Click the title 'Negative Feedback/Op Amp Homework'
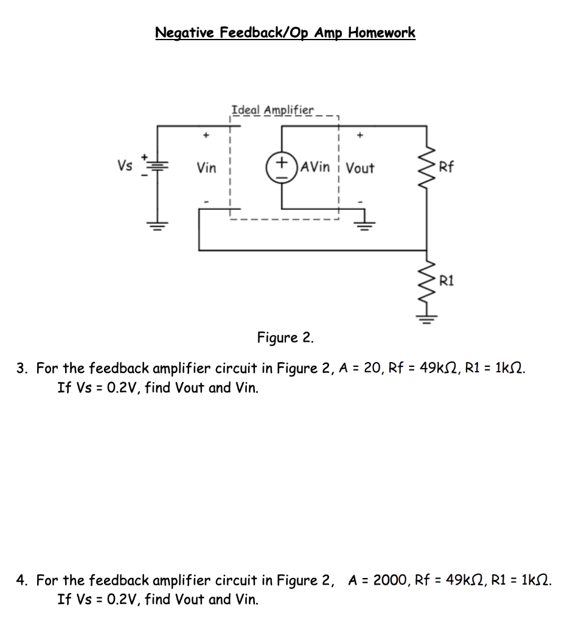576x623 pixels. (285, 33)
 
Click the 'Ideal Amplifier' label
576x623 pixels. (272, 110)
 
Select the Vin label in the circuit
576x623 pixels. (206, 168)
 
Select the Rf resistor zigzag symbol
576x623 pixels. (426, 167)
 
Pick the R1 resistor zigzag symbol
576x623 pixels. (426, 280)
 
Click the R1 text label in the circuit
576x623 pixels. (446, 280)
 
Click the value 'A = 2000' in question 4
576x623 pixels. (375, 580)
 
